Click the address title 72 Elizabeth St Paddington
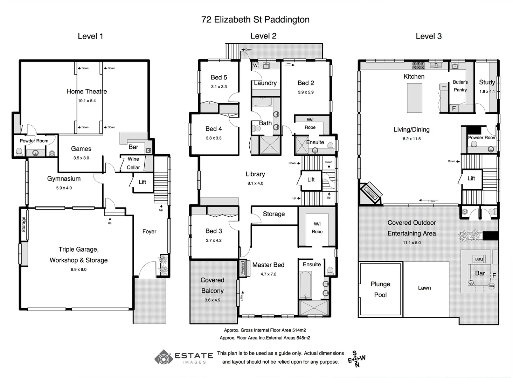(255, 20)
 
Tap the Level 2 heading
(263, 36)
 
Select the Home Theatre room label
(87, 91)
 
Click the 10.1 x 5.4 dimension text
(87, 101)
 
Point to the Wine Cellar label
(133, 163)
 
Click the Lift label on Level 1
(142, 182)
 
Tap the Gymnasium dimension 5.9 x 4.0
(64, 188)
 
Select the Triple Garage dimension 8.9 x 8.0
(78, 269)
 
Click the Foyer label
(149, 231)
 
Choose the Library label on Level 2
(255, 174)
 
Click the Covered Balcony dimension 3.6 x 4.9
(212, 300)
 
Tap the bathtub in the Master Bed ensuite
(306, 285)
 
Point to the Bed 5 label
(219, 77)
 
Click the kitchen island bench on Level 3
(414, 98)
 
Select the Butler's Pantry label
(460, 86)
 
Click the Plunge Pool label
(380, 289)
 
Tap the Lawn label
(424, 288)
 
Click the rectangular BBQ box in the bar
(479, 259)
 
